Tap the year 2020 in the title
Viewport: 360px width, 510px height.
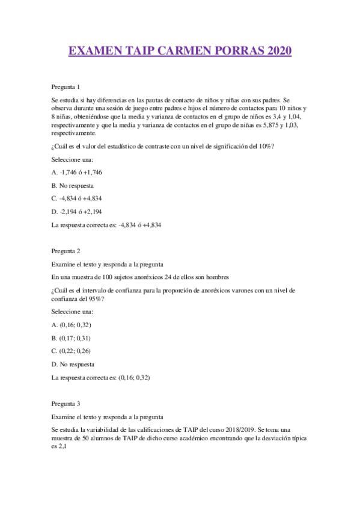point(274,51)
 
